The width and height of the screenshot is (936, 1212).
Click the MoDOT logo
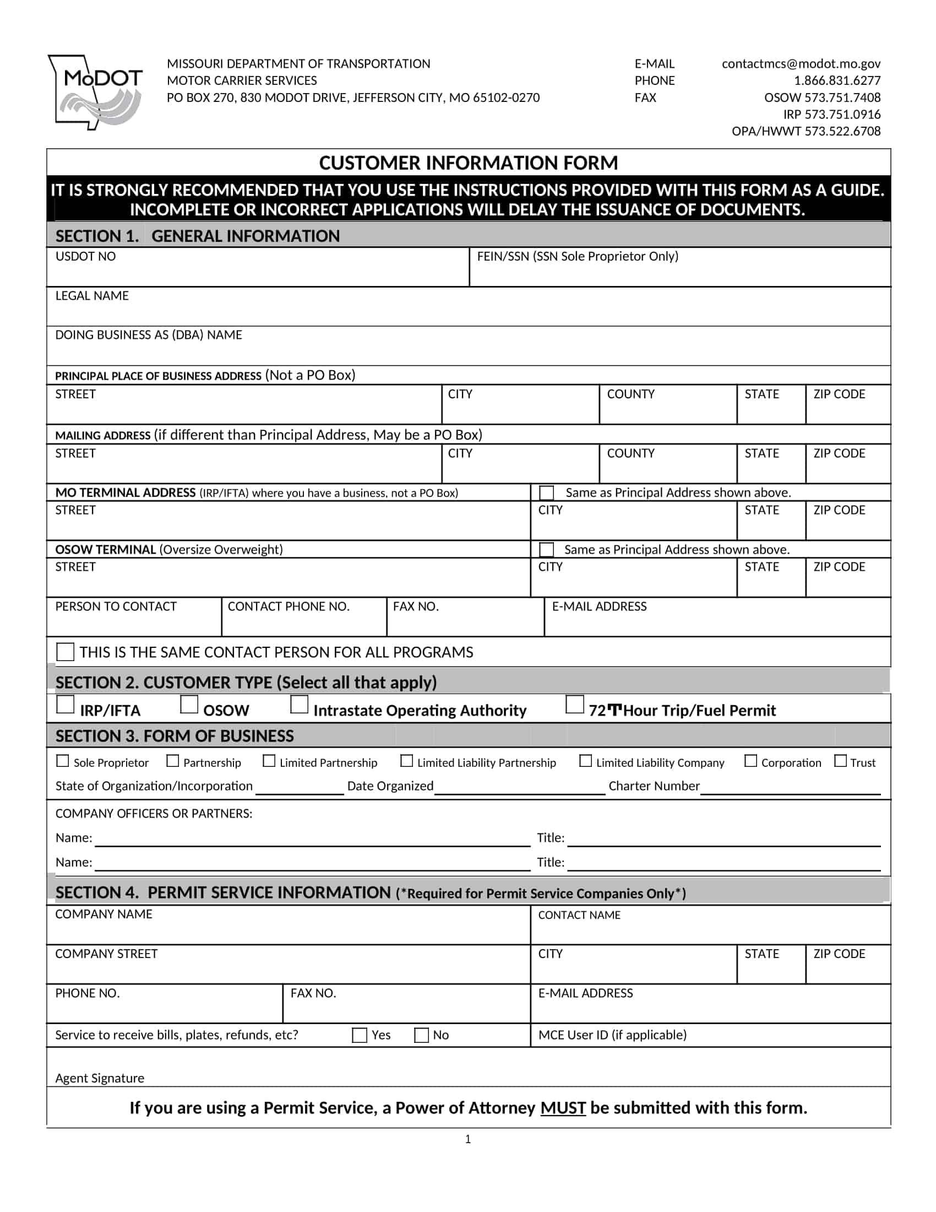(x=95, y=92)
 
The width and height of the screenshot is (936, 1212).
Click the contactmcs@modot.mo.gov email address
(x=801, y=64)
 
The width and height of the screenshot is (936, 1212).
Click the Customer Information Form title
(x=468, y=163)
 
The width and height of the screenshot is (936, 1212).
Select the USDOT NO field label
(x=85, y=256)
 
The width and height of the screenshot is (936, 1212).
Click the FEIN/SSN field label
(x=577, y=256)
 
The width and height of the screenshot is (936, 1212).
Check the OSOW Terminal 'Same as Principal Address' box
(x=546, y=549)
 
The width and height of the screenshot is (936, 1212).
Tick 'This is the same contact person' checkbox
(x=66, y=652)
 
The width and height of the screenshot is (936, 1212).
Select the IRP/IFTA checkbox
(x=66, y=705)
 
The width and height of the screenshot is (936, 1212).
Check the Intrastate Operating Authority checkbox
(x=300, y=705)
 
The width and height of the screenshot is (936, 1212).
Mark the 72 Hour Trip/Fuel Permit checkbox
(x=574, y=705)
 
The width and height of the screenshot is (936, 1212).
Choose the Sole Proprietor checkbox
(x=63, y=761)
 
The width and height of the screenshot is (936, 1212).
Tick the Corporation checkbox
(x=750, y=761)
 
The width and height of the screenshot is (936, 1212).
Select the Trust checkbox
(x=840, y=761)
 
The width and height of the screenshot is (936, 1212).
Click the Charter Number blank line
(x=790, y=787)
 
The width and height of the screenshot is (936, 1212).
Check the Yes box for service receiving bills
(x=360, y=1035)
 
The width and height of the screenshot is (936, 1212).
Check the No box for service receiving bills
(x=421, y=1035)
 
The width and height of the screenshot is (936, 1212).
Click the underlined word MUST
(x=563, y=1108)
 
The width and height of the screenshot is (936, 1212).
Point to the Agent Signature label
(x=100, y=1078)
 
